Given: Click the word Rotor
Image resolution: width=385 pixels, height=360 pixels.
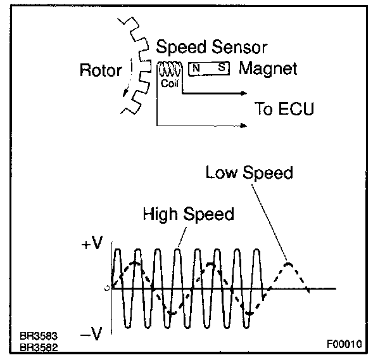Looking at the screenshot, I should coord(100,70).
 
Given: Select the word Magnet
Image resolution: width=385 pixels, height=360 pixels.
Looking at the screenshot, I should coord(267,68).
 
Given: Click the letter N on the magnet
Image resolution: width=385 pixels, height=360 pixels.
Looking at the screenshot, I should coord(196,67).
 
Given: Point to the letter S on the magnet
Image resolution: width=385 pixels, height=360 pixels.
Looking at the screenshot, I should coord(221,67).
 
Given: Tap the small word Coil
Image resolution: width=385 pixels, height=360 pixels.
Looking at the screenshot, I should coord(169,82).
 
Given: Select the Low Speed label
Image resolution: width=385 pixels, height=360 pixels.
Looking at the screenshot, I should coord(249,173).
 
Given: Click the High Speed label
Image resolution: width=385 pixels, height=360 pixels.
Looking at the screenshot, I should coord(188,214).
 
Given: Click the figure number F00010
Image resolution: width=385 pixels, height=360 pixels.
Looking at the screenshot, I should coord(344,345).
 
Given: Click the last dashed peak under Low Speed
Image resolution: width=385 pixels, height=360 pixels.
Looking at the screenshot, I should coord(288,262).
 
